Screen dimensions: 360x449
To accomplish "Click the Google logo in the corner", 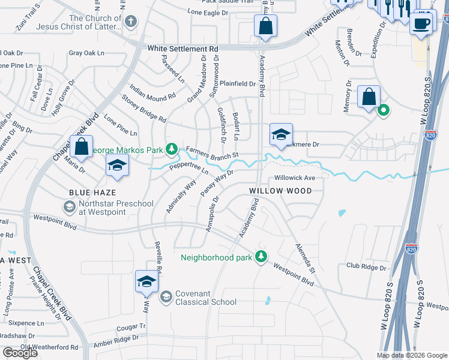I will coord(20,353).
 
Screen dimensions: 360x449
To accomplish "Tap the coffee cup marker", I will coord(420,24).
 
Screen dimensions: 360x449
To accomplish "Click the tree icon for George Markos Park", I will coord(172,148).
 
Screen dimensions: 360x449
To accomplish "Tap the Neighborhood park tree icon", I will coord(261,257).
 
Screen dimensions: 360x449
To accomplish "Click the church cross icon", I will coord(131,22).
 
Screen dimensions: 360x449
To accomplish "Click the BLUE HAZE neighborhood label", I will coord(88,192).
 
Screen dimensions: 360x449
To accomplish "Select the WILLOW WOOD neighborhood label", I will coord(280,191).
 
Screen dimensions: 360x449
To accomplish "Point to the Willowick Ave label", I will coord(294,178).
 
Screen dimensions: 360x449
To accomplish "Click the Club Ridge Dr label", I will coord(366,266).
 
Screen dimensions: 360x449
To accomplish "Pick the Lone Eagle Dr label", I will coord(208,11).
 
